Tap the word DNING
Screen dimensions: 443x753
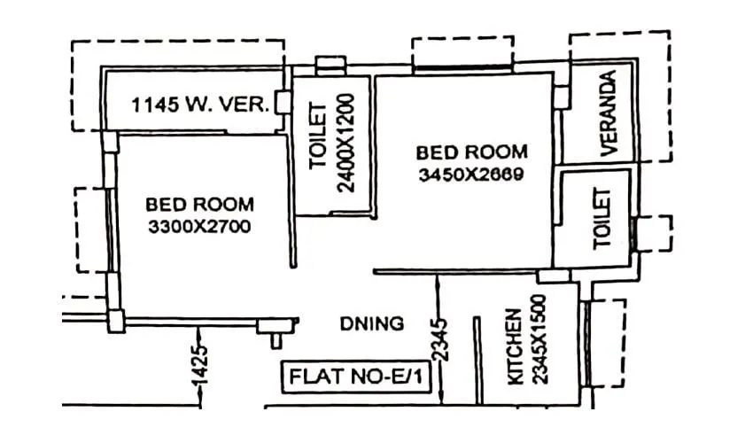point(371,323)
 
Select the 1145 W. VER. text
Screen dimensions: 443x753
point(200,105)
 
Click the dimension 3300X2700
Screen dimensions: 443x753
point(199,227)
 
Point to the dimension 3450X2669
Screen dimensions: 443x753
point(471,175)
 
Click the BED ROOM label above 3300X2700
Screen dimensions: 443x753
point(199,205)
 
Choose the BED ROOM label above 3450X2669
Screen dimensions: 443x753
point(471,152)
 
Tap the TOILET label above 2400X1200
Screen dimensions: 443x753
point(318,143)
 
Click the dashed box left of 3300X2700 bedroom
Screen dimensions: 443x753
point(90,229)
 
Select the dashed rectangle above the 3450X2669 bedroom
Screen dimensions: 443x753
point(462,52)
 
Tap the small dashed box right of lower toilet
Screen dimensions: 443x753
point(656,232)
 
